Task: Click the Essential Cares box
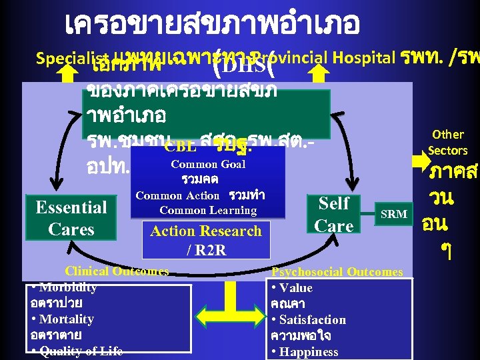pos(71,218)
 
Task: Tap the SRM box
pos(393,213)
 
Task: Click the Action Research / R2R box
pos(206,240)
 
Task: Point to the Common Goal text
pos(208,164)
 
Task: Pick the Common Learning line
pos(208,211)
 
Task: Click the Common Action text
pos(177,195)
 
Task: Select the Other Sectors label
pos(447,142)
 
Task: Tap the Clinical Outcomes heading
pos(117,271)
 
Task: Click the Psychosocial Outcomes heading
pos(337,272)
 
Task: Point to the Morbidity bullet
pos(64,288)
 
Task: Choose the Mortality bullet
pos(63,319)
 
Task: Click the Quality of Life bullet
pos(77,351)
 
